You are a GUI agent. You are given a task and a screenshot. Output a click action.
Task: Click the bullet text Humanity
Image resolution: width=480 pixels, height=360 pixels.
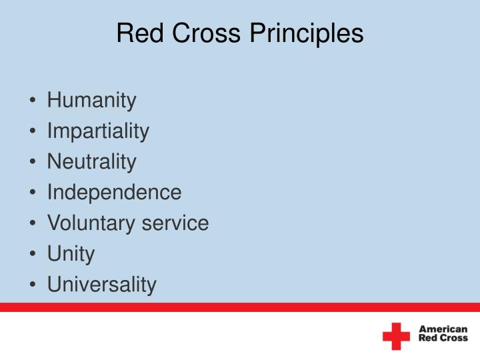91,101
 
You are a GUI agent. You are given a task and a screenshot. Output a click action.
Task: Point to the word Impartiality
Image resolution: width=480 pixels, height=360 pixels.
98,131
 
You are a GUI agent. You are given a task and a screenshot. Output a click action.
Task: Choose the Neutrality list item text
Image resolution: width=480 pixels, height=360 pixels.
91,161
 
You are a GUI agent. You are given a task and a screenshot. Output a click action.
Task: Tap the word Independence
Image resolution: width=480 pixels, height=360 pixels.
114,192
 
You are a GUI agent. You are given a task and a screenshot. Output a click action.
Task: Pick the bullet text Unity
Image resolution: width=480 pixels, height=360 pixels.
71,253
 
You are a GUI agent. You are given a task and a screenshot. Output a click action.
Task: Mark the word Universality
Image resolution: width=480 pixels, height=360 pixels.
101,284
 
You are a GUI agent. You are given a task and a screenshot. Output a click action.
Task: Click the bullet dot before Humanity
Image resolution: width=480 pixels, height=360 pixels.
33,101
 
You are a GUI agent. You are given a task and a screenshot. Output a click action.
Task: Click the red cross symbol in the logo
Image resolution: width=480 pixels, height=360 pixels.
396,336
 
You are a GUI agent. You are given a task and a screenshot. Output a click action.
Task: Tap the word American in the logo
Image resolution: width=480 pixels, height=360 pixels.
443,329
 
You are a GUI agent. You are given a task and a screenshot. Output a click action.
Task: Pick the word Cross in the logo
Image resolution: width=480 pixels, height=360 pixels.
454,338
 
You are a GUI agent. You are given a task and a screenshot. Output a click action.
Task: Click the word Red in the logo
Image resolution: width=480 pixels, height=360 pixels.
427,338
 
